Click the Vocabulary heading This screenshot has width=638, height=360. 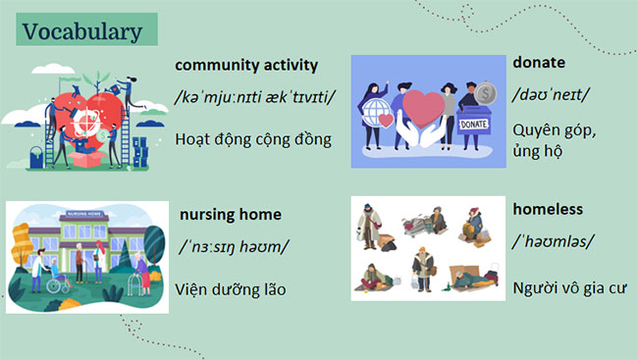pyautogui.click(x=82, y=30)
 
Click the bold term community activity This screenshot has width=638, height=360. pyautogui.click(x=246, y=66)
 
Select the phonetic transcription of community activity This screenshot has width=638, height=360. pyautogui.click(x=254, y=100)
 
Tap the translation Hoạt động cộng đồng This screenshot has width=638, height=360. pyautogui.click(x=253, y=138)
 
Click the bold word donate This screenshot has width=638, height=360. pyautogui.click(x=539, y=62)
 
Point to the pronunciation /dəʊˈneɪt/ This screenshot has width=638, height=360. pyautogui.click(x=552, y=95)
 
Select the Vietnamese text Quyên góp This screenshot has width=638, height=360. pyautogui.click(x=554, y=129)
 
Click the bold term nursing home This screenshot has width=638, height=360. pyautogui.click(x=230, y=214)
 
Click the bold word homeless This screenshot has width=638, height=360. pyautogui.click(x=548, y=209)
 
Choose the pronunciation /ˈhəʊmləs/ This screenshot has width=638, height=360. pyautogui.click(x=554, y=241)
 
